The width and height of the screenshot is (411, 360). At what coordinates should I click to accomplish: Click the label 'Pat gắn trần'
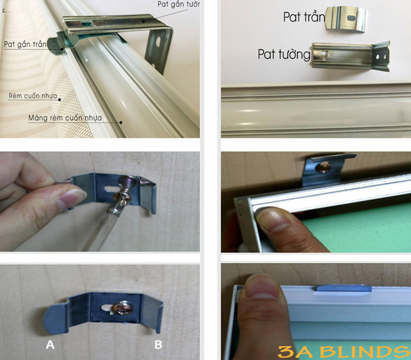point(25,44)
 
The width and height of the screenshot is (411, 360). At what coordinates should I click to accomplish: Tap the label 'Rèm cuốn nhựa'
point(33,96)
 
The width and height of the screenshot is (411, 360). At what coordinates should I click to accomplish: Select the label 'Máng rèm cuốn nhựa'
point(65,118)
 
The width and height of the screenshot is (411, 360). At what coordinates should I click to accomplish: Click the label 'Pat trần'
point(304,17)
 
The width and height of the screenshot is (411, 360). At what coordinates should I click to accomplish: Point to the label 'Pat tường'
point(284,55)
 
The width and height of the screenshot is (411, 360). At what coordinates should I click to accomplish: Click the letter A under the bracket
point(50,345)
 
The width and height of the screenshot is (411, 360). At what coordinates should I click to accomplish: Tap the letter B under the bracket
point(158,345)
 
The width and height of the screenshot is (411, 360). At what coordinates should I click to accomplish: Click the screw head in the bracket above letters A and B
point(121,308)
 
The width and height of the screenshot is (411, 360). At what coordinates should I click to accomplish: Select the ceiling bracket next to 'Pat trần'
point(346,19)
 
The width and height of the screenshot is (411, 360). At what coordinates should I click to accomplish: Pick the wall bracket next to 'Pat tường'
point(351,56)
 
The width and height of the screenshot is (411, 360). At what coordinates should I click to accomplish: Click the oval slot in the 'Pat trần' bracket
point(351,18)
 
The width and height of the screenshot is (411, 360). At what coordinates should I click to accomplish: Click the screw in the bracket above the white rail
point(323,168)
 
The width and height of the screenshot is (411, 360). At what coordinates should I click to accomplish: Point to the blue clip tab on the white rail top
point(344,288)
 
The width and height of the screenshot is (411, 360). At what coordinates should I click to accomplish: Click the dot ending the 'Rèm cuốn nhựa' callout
point(60,100)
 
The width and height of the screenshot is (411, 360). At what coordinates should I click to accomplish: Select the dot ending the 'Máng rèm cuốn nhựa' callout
point(121,122)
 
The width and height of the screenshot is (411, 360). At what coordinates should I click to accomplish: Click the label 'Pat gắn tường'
point(179,4)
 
